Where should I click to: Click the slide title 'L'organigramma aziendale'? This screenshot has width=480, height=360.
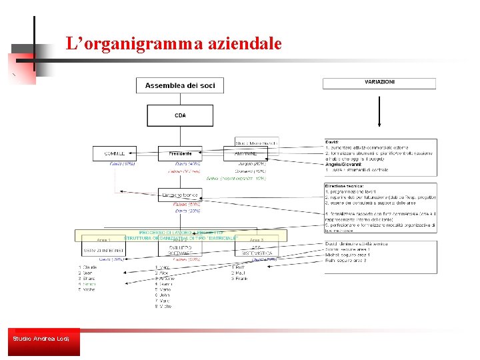pos(173,44)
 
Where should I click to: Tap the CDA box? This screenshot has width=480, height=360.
pos(180,115)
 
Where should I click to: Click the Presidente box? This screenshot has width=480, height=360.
pos(180,153)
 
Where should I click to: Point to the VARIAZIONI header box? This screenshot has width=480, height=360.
pos(379,83)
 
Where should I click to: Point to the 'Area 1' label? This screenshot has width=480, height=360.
pos(104,239)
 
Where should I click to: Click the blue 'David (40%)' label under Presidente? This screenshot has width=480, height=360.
pos(187,163)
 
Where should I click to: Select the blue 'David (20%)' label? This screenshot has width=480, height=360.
pos(180,211)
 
